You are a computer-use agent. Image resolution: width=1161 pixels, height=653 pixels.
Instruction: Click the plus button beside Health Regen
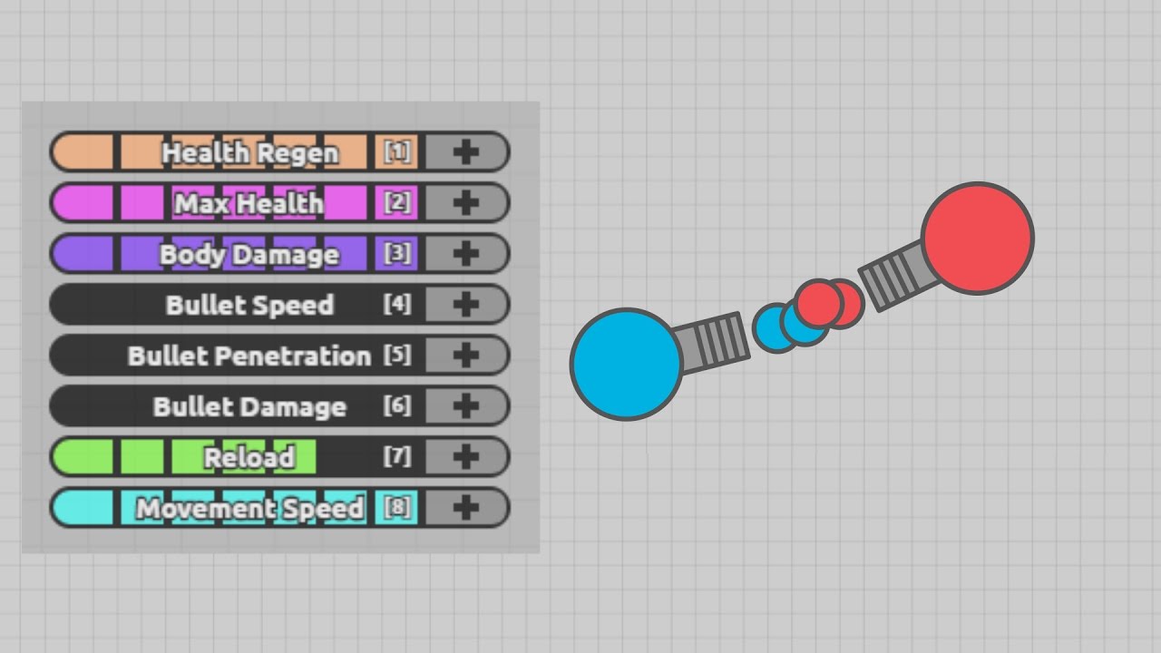pos(465,152)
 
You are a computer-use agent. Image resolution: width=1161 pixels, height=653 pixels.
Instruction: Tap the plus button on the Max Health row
pos(465,203)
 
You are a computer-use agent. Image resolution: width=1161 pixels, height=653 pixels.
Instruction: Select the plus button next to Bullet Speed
pos(465,305)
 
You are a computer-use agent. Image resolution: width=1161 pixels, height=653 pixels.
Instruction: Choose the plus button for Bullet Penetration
pos(465,356)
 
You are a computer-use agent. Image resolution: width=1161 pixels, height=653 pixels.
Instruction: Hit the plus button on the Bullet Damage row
pos(465,406)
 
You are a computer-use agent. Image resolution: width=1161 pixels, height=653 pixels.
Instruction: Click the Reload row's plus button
pos(465,457)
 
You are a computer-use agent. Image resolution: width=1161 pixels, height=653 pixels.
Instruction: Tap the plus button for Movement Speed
pos(465,508)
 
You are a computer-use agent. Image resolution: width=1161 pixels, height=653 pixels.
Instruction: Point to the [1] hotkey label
pos(397,151)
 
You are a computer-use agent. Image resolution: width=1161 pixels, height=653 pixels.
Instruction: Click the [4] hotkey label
pos(397,304)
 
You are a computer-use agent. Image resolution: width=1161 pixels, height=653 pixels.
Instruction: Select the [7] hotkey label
pos(397,456)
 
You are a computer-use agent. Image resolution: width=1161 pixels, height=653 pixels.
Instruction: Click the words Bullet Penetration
pos(249,356)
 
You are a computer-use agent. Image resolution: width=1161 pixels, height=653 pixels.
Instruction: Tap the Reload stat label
pos(249,457)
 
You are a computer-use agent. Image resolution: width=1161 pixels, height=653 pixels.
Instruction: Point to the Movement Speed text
pos(249,508)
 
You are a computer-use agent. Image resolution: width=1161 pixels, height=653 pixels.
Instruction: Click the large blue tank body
pos(626,364)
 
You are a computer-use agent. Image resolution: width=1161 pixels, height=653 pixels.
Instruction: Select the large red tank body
pos(977,239)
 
